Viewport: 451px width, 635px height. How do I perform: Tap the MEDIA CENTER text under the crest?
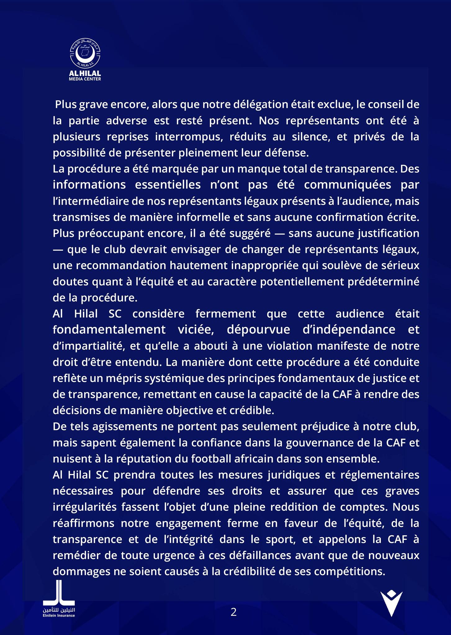pyautogui.click(x=85, y=79)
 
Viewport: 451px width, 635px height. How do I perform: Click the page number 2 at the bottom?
pyautogui.click(x=233, y=612)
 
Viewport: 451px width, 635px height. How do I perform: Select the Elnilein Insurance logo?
pyautogui.click(x=59, y=601)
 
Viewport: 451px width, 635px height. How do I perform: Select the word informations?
pyautogui.click(x=89, y=185)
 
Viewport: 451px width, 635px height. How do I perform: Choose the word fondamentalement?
pyautogui.click(x=109, y=330)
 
